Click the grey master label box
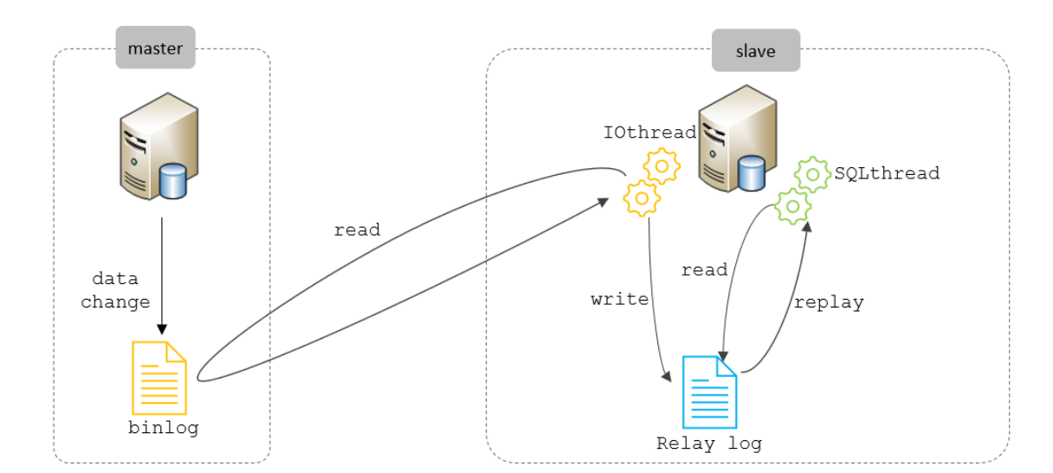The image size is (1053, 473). [155, 48]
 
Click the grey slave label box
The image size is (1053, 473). [755, 51]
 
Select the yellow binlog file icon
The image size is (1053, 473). [159, 378]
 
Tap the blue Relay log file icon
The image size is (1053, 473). [709, 392]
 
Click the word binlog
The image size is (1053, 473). [163, 428]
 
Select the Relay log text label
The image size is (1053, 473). [708, 444]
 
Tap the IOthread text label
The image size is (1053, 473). [649, 133]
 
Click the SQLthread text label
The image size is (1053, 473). [886, 173]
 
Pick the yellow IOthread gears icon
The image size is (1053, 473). [651, 181]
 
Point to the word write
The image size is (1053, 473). [619, 300]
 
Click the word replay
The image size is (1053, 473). [829, 303]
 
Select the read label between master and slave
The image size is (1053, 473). [357, 230]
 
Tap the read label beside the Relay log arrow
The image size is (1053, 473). [704, 270]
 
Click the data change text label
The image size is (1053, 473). [115, 291]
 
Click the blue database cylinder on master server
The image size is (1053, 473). [173, 181]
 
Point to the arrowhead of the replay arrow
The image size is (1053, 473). [808, 224]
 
